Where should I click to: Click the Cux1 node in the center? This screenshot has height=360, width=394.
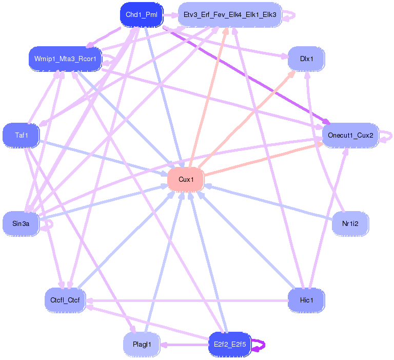[186, 179]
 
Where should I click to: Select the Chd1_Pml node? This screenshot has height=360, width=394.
[142, 14]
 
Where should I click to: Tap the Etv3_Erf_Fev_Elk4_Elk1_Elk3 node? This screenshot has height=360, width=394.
[230, 14]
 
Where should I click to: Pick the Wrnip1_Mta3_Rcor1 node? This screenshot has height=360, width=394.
[65, 59]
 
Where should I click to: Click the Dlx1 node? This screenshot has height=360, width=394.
[306, 59]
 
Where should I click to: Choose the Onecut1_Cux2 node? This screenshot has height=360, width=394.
[350, 136]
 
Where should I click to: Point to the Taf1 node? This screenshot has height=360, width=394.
[21, 136]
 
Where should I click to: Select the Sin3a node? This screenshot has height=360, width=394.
[21, 223]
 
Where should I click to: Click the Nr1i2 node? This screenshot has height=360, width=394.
[350, 223]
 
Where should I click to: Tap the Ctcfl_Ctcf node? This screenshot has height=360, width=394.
[65, 300]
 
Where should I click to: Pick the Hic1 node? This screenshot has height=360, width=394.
[306, 300]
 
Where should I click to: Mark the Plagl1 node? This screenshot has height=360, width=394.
[142, 345]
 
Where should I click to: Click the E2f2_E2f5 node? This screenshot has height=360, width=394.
[230, 345]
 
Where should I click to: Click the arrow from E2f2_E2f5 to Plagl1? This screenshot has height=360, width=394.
[185, 345]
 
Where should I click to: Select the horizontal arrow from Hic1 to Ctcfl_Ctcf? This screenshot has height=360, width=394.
[187, 300]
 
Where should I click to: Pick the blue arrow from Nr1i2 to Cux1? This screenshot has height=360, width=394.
[268, 202]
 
